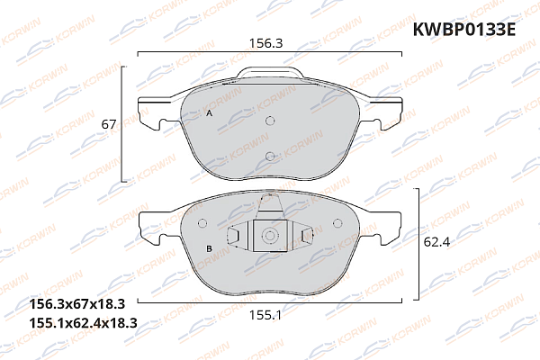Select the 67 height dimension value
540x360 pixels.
[109, 125]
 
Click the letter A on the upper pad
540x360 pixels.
[209, 115]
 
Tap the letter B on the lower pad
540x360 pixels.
[209, 247]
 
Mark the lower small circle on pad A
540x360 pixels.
[270, 157]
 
